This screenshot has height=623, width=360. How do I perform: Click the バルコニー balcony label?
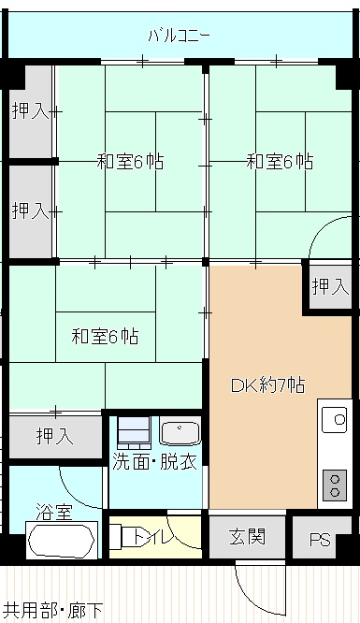click(x=179, y=36)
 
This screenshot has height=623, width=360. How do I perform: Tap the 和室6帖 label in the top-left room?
click(x=130, y=161)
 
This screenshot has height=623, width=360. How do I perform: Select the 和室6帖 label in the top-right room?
click(x=279, y=161)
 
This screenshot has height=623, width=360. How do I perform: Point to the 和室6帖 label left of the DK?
click(x=105, y=336)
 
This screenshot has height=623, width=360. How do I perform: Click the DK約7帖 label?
click(x=266, y=384)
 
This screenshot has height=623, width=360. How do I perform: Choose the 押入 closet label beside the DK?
click(x=330, y=286)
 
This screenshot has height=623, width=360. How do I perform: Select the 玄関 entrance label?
click(x=248, y=537)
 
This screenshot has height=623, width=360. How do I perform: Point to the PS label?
click(x=320, y=540)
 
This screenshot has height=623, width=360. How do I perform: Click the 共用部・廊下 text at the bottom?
click(x=53, y=612)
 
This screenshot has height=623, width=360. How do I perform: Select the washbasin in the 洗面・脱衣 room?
click(x=179, y=431)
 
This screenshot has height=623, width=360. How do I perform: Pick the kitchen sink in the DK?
click(x=334, y=422)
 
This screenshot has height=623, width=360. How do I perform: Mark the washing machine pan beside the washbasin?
click(x=134, y=431)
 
